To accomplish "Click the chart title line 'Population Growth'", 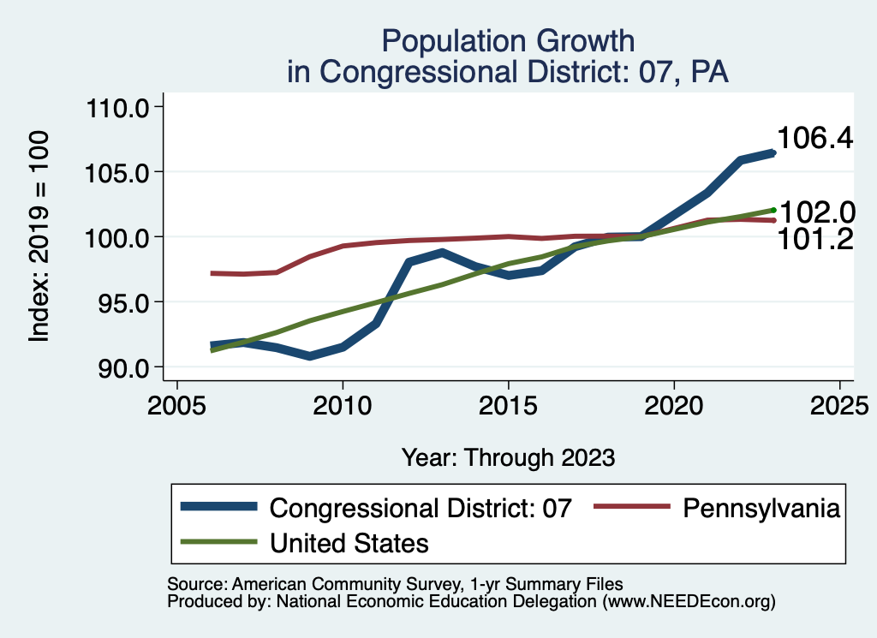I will [x=509, y=40].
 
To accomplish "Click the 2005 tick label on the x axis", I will [x=176, y=404].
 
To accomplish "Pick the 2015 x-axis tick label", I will [x=509, y=404].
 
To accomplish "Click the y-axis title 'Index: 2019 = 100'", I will [x=39, y=237].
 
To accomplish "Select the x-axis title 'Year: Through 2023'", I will [x=509, y=457].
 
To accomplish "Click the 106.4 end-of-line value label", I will [x=814, y=138].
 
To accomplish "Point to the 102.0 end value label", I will [x=814, y=212].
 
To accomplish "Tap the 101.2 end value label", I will [x=814, y=241].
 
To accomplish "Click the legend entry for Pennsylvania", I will [x=761, y=508].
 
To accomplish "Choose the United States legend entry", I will [x=349, y=543].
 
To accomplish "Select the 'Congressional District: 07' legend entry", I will [x=420, y=508].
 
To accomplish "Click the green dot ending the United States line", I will [x=773, y=210].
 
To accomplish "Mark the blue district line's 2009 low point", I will [x=309, y=355].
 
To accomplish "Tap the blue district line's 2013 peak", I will [x=442, y=253].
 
